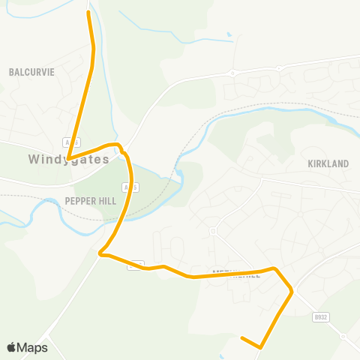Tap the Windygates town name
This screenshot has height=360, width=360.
tap(69, 160)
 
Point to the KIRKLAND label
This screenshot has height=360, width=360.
tap(328, 163)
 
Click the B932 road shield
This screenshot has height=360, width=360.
tap(321, 317)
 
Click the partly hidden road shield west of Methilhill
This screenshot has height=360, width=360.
tap(136, 264)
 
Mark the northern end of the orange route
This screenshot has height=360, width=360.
tap(88, 12)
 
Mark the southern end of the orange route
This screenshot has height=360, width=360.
tap(241, 339)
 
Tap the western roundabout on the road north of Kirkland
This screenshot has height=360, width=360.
tap(232, 73)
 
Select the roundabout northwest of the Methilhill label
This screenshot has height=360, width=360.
tap(213, 231)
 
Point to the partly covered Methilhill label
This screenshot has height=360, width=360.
tap(237, 274)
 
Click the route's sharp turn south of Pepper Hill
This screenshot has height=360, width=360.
tap(101, 253)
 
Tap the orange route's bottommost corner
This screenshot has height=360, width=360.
tap(260, 347)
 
